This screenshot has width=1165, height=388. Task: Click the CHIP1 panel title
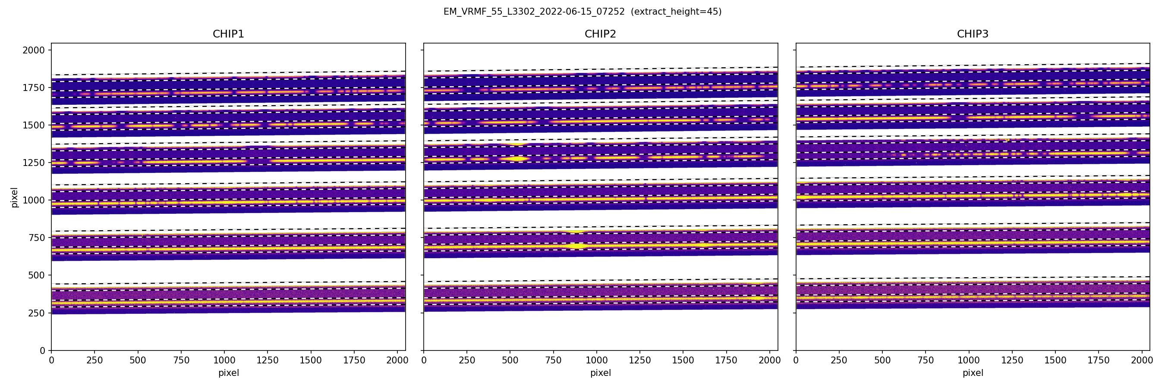[x=228, y=34]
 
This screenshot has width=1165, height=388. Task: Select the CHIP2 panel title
[x=600, y=34]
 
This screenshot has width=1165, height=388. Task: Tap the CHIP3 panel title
[x=972, y=34]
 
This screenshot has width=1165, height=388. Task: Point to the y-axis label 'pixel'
[x=15, y=197]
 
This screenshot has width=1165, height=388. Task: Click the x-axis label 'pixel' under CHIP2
[x=600, y=373]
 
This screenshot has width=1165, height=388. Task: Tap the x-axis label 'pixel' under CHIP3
[x=972, y=373]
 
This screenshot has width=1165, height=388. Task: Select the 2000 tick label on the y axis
[x=34, y=50]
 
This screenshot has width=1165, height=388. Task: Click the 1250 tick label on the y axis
[x=34, y=163]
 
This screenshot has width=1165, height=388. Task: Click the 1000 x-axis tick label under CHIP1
[x=224, y=360]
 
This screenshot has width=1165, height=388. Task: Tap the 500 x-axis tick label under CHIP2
[x=510, y=360]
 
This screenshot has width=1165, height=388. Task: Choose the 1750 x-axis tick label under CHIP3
[x=1099, y=360]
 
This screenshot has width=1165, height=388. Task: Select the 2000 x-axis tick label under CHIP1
[x=397, y=360]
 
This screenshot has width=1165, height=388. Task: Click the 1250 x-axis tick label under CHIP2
[x=640, y=360]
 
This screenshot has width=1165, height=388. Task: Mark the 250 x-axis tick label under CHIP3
[x=839, y=360]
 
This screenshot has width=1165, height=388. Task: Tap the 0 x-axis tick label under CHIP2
[x=424, y=360]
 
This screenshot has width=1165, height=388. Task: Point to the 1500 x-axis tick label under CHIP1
[x=311, y=360]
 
